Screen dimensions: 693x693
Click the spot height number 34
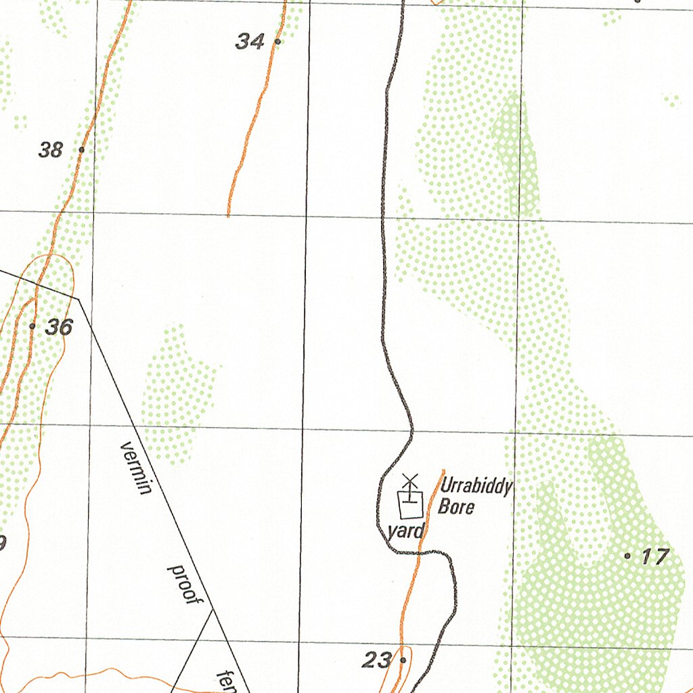click(x=250, y=42)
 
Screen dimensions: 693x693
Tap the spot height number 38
click(x=51, y=150)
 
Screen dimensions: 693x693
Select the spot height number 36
click(x=59, y=328)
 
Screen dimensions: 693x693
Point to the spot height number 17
click(x=655, y=557)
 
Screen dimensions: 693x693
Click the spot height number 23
click(x=377, y=660)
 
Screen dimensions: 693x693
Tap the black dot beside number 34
click(x=277, y=41)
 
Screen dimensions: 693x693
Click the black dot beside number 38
click(x=81, y=149)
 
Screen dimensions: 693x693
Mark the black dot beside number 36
click(x=32, y=326)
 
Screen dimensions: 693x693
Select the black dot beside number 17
click(x=628, y=556)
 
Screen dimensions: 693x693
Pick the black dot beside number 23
click(x=403, y=659)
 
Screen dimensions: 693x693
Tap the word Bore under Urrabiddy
click(x=456, y=506)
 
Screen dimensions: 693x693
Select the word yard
click(x=405, y=531)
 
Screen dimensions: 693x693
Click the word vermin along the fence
click(x=135, y=468)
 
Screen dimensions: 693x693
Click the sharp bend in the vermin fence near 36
click(x=79, y=298)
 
